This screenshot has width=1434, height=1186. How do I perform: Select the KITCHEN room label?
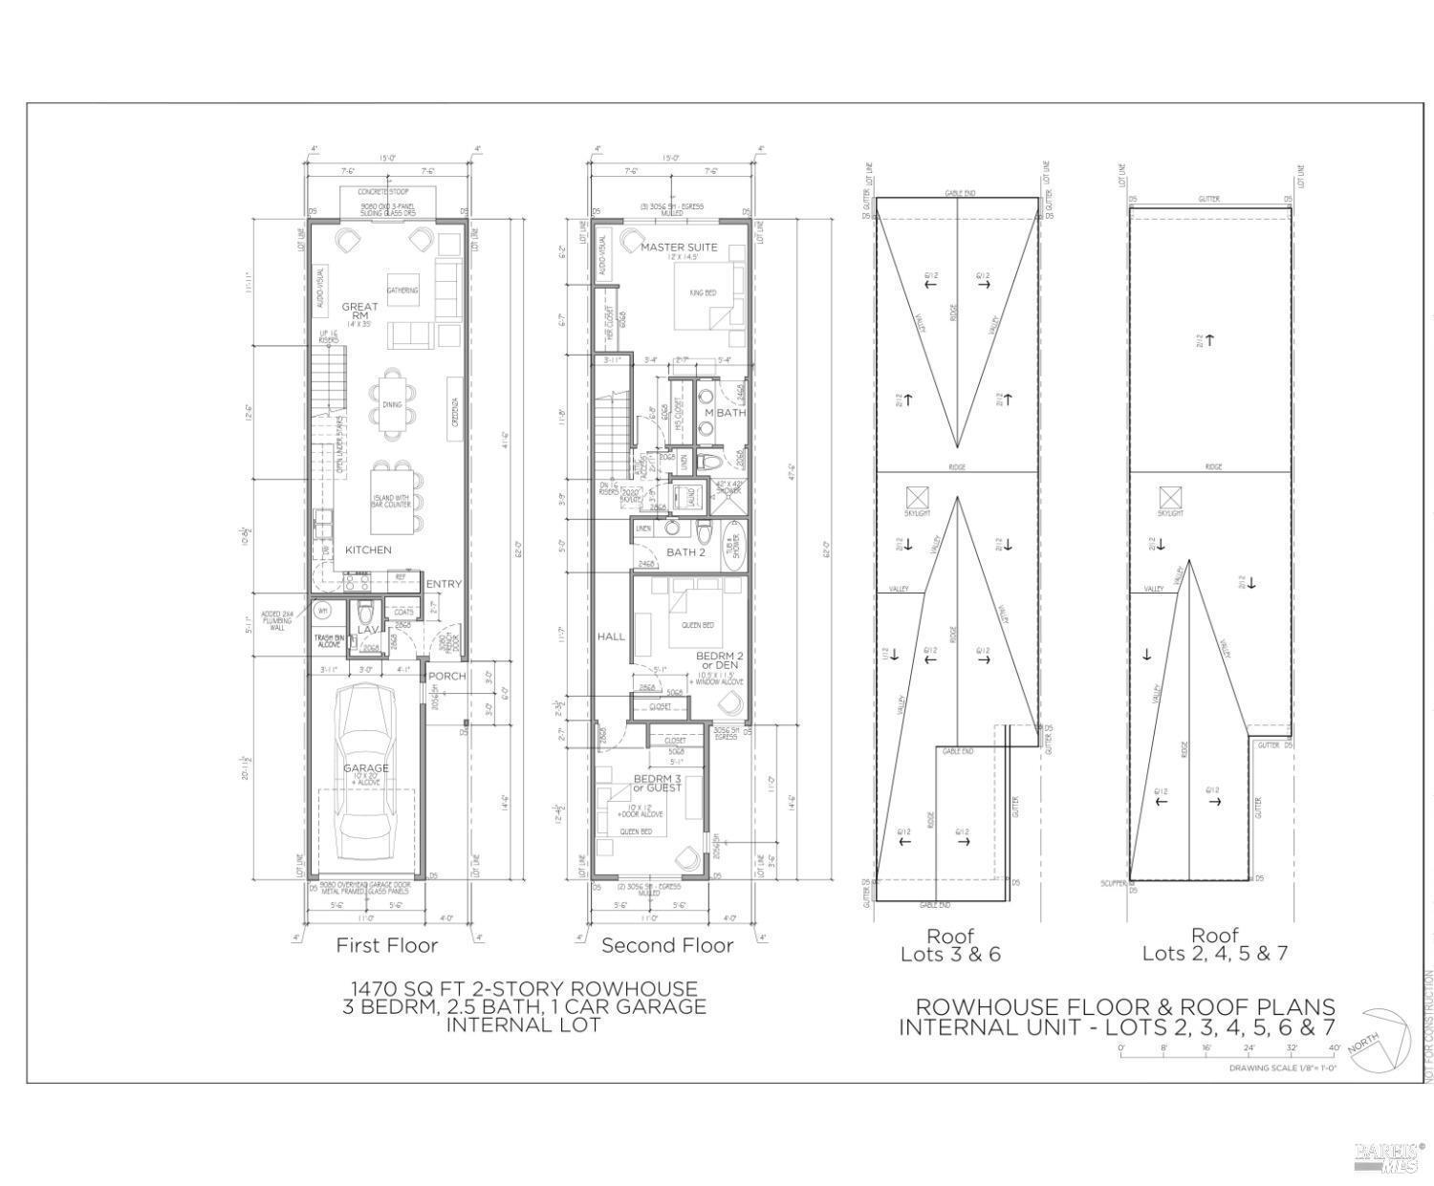click(368, 550)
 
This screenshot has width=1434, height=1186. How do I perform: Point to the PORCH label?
click(446, 676)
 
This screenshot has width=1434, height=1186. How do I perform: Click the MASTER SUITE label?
click(679, 247)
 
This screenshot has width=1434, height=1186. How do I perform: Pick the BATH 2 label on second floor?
click(685, 552)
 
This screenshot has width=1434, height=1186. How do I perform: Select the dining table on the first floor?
click(393, 404)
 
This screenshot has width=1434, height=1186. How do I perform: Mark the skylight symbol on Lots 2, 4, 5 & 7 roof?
click(1170, 497)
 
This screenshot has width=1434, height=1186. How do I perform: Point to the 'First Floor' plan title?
click(386, 945)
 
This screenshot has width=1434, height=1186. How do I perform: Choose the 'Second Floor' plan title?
click(667, 945)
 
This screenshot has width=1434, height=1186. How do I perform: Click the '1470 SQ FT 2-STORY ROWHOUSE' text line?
click(524, 988)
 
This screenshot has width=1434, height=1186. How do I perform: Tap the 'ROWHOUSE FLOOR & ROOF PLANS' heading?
click(1125, 1006)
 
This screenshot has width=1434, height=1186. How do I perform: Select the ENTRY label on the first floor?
click(443, 584)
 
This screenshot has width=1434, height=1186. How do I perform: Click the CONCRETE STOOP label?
click(383, 192)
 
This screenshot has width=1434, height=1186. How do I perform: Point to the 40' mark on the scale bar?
click(1334, 1047)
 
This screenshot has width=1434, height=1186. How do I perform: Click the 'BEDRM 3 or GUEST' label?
click(658, 783)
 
